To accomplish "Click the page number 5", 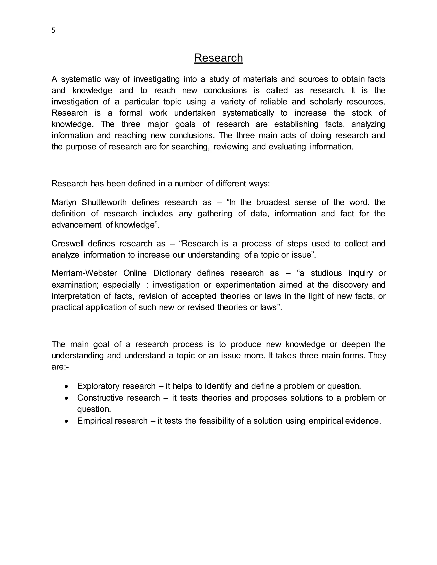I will pyautogui.click(x=53, y=30).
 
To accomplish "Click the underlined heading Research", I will pyautogui.click(x=218, y=58).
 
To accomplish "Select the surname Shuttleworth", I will pyautogui.click(x=104, y=202).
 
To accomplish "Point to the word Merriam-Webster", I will pyautogui.click(x=84, y=273).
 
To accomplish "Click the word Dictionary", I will pyautogui.click(x=172, y=273).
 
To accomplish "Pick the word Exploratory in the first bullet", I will pyautogui.click(x=98, y=386).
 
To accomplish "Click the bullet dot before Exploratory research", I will pyautogui.click(x=67, y=387).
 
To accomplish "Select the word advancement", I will pyautogui.click(x=76, y=225).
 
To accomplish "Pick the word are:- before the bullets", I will pyautogui.click(x=60, y=367).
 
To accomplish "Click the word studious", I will pyautogui.click(x=326, y=273).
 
